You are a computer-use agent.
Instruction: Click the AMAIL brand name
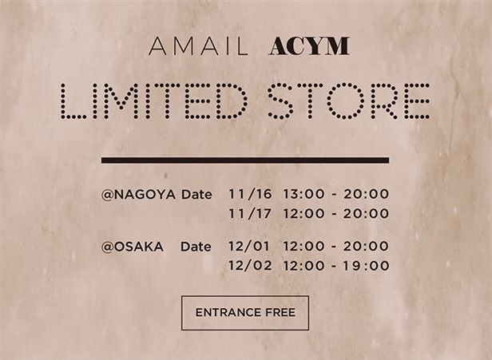tap(198, 46)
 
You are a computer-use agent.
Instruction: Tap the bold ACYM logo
tap(309, 46)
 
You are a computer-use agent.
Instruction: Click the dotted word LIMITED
tap(154, 101)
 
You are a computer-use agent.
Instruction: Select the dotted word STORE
tap(348, 101)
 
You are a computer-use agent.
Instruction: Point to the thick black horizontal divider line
tap(245, 160)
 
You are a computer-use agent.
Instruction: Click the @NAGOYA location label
tap(138, 195)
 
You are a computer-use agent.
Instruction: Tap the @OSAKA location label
tap(133, 247)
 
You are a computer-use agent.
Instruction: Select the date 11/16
tap(250, 194)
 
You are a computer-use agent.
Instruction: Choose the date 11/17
tap(250, 214)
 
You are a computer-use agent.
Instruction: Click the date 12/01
tap(249, 246)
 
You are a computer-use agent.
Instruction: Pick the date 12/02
tap(250, 266)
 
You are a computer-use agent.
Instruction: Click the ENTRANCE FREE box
tap(245, 313)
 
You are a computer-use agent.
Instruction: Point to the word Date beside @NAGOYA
tap(196, 195)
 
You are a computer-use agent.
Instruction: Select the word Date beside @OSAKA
tap(196, 247)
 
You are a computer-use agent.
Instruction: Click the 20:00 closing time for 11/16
tap(366, 194)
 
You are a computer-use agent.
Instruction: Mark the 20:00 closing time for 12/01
tap(366, 246)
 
